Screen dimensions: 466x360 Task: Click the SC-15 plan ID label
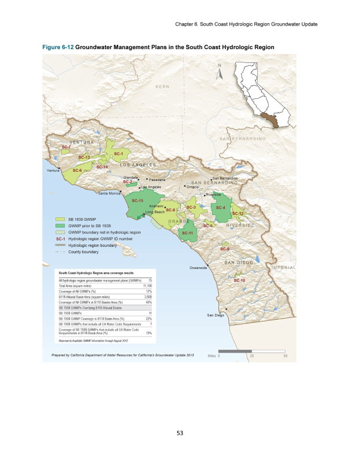click(x=138, y=201)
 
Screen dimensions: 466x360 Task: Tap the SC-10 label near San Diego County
click(x=239, y=280)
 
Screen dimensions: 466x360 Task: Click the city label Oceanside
click(x=199, y=267)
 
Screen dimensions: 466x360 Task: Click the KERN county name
click(x=162, y=86)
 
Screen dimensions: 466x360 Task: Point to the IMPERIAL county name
click(x=284, y=268)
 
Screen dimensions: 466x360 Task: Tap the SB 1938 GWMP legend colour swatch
click(x=60, y=220)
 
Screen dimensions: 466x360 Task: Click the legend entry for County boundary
click(x=83, y=252)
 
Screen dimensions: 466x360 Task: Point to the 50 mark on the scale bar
click(x=285, y=356)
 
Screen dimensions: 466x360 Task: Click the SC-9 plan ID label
click(x=225, y=249)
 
